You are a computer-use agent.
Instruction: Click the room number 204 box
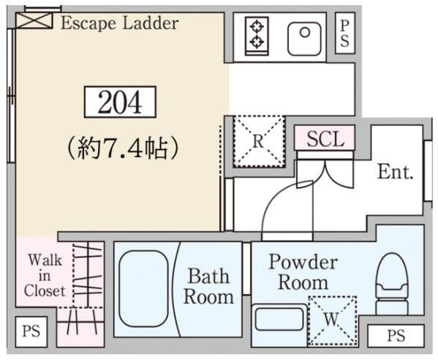pos(121,103)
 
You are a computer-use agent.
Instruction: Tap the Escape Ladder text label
pos(119,23)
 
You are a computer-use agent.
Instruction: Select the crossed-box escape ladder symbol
pos(34,20)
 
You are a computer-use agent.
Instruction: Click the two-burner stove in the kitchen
pos(257,34)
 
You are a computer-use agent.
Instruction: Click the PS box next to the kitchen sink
pos(345,33)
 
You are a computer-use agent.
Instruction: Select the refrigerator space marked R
pos(258,141)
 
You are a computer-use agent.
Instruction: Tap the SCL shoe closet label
pos(325,139)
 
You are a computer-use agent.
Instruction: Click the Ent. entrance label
pos(396,173)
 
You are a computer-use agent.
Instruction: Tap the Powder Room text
pos(303,271)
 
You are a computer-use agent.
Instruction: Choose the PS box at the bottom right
pos(395,337)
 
